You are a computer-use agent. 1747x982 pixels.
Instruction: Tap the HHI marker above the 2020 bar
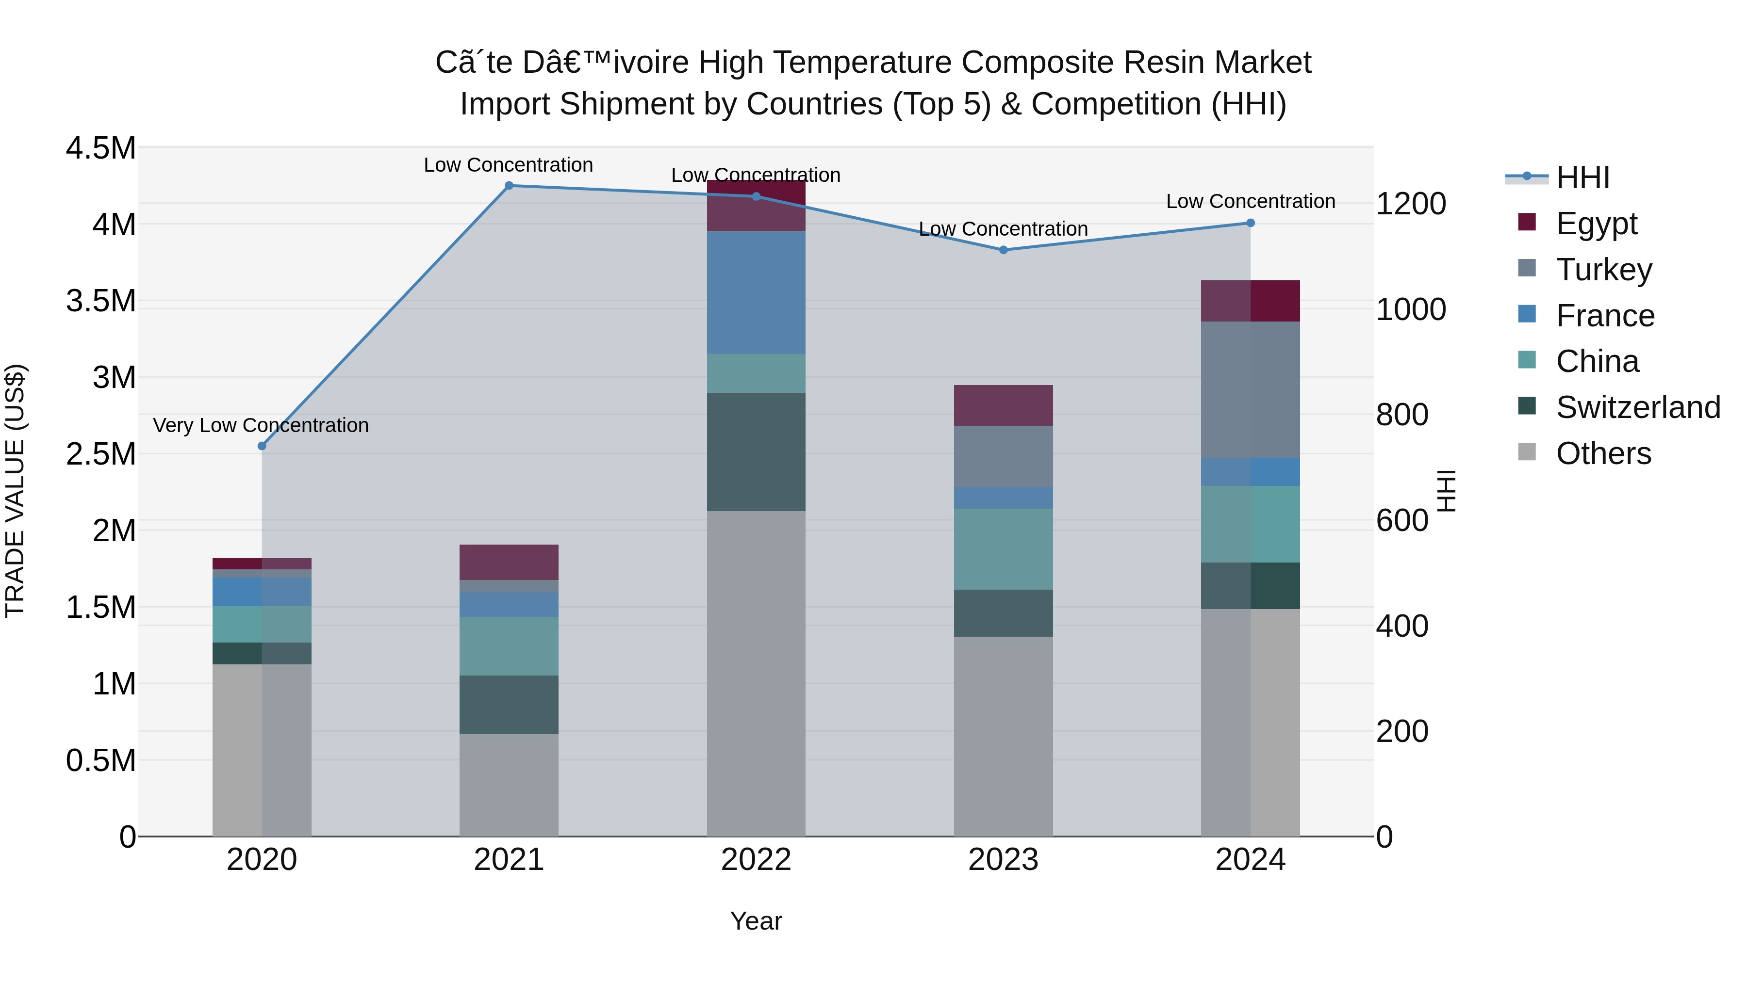point(262,446)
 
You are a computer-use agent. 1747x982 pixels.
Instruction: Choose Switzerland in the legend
point(1637,407)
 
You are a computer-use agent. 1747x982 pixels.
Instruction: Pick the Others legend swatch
point(1527,453)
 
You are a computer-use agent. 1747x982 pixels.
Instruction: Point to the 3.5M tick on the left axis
point(100,301)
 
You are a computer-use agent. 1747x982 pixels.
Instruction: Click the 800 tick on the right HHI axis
point(1402,415)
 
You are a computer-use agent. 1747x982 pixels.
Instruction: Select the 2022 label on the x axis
point(756,860)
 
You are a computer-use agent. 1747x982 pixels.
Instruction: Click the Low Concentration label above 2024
point(1250,201)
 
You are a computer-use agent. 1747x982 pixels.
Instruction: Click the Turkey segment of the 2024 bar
point(1250,390)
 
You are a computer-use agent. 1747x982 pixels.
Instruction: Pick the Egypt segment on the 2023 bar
point(1003,405)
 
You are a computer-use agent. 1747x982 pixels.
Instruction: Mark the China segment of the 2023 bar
point(1003,549)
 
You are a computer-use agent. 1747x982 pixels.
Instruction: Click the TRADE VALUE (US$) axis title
point(15,491)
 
